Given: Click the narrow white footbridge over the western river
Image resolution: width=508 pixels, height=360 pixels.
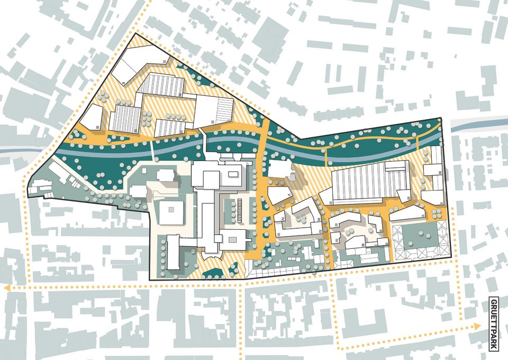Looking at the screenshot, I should point(152,149).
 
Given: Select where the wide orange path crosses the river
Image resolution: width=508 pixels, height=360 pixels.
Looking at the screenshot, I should point(263,141).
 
